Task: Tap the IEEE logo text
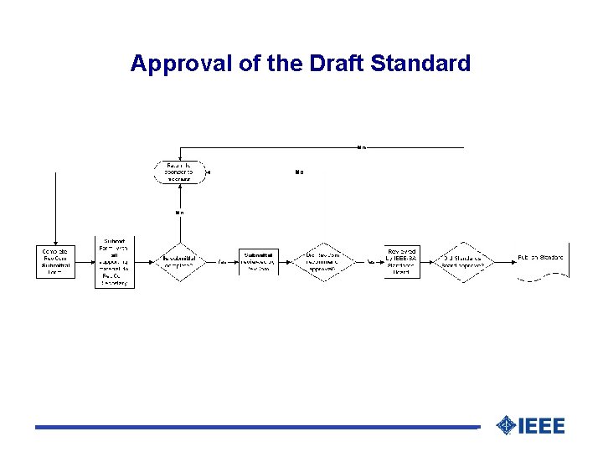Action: click(542, 426)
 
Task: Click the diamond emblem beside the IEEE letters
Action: click(506, 426)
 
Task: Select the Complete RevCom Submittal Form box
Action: click(55, 261)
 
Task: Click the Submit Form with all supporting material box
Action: click(114, 261)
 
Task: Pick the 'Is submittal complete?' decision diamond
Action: click(179, 261)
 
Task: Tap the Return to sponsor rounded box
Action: click(179, 172)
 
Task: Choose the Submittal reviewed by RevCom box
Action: click(259, 261)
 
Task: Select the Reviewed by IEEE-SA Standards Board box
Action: click(402, 261)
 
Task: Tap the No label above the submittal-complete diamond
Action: click(179, 213)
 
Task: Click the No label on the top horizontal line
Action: click(361, 148)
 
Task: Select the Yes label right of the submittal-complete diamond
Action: click(223, 261)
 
